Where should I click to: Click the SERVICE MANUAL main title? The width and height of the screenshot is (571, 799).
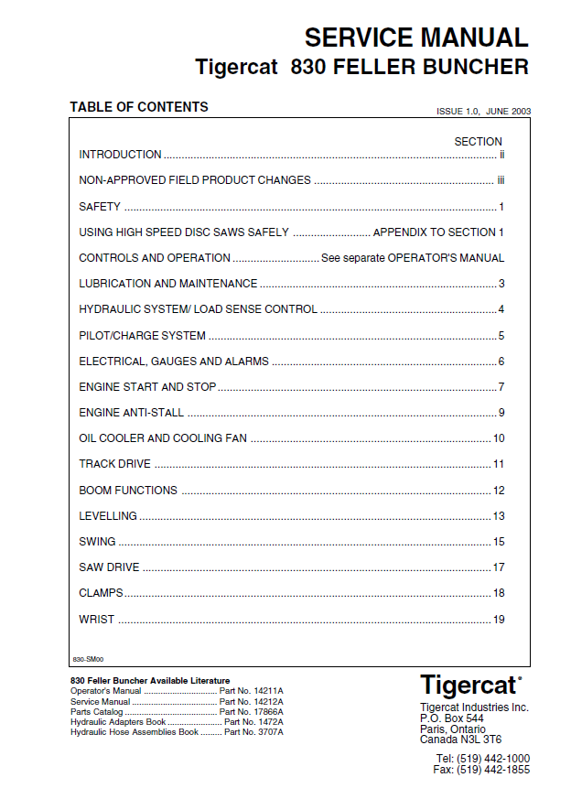coord(416,38)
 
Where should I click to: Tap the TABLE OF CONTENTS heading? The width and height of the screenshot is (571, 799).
coord(139,107)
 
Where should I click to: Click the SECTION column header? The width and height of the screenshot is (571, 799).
coord(478,142)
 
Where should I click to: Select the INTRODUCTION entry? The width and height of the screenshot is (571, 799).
coord(120,155)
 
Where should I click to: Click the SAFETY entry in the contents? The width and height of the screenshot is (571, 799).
coord(100,207)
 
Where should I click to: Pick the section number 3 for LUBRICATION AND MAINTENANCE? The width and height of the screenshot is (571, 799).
coord(501,284)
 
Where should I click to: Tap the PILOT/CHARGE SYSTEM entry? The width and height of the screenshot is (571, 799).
coord(142,336)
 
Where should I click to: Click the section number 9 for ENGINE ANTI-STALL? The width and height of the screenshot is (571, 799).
coord(501,413)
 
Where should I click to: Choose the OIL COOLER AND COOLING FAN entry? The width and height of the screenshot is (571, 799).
coord(163,438)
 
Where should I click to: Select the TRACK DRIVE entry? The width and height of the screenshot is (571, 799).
coord(115,464)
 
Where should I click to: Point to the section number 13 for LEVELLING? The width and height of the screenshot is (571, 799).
coord(499,516)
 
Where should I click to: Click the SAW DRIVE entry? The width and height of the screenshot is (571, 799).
coord(109,567)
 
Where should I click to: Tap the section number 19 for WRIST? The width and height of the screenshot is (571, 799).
coord(499,620)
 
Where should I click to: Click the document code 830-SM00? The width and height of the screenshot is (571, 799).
coord(88,659)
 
